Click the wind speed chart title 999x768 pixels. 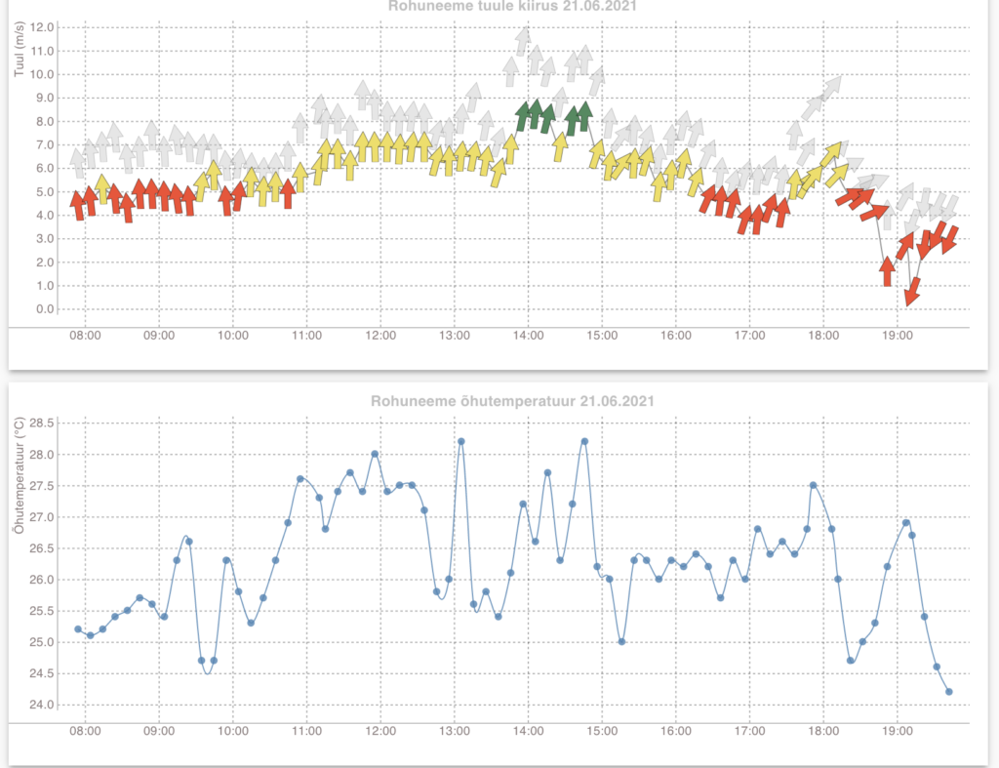(x=499, y=6)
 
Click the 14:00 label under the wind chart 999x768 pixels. (x=528, y=336)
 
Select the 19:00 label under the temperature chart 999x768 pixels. (x=897, y=730)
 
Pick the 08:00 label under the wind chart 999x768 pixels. (x=85, y=336)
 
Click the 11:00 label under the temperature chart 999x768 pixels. (x=306, y=730)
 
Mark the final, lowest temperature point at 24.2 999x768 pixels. (x=948, y=692)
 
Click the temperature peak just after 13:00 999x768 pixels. (x=460, y=441)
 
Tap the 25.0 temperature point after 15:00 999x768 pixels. (x=621, y=641)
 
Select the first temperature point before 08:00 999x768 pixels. (x=78, y=629)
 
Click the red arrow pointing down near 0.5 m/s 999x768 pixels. (x=913, y=291)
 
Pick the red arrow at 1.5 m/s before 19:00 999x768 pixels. (x=887, y=270)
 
